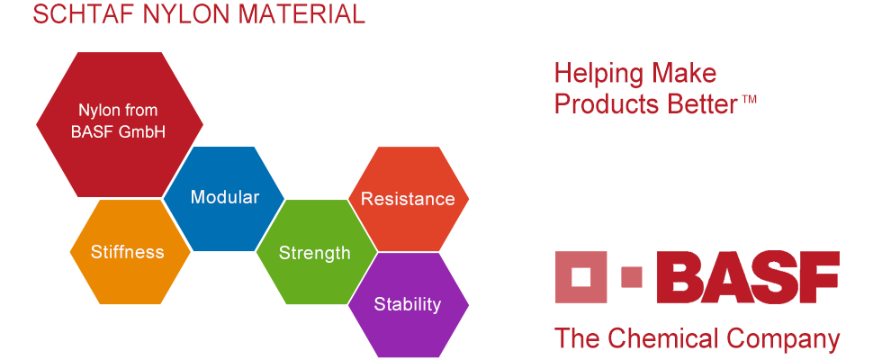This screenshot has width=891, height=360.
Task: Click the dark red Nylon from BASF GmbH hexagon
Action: point(120,124)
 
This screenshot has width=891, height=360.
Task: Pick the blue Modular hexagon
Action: point(224,198)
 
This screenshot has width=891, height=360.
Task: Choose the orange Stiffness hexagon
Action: point(130,251)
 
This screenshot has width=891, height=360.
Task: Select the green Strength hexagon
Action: point(317,252)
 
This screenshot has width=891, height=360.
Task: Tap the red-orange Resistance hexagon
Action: point(409,199)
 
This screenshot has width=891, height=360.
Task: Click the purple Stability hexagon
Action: point(409,305)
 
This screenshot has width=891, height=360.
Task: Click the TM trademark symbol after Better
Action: point(749,99)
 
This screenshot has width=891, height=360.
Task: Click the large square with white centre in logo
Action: point(580,277)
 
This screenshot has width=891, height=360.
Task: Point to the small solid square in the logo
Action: point(632,277)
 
